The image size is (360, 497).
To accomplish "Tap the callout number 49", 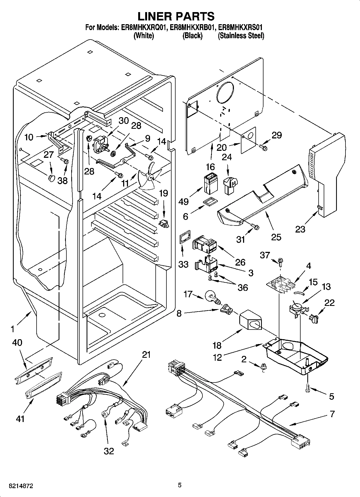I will pyautogui.click(x=184, y=201).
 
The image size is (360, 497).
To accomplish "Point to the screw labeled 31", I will pyautogui.click(x=255, y=227).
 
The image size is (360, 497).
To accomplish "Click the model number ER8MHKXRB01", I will pyautogui.click(x=193, y=27).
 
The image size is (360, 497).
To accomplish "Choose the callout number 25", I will pyautogui.click(x=276, y=237).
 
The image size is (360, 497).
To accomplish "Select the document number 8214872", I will pyautogui.click(x=17, y=486).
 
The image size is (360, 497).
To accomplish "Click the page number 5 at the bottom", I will pyautogui.click(x=180, y=485).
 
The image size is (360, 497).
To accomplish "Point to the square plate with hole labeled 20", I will pyautogui.click(x=249, y=140).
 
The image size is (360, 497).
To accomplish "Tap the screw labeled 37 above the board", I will pyautogui.click(x=281, y=261).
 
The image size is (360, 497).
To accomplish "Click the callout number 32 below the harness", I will pyautogui.click(x=109, y=451).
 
